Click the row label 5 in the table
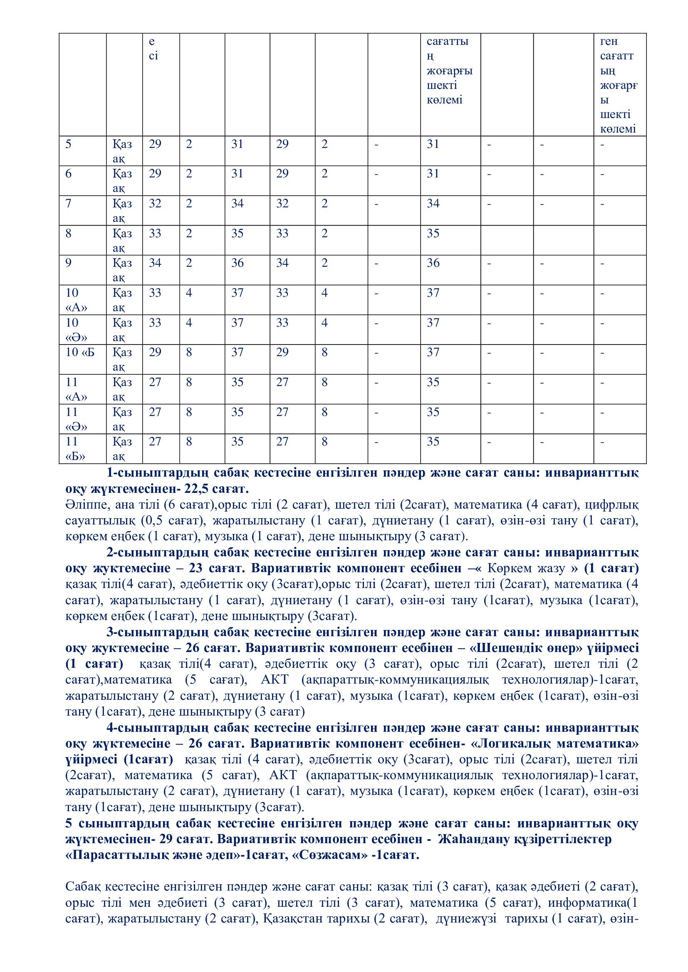tap(69, 144)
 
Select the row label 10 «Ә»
tap(76, 330)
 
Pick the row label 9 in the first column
tap(69, 263)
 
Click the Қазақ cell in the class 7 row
tap(122, 210)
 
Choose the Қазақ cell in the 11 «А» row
tap(122, 389)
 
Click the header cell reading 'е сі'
tap(153, 49)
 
